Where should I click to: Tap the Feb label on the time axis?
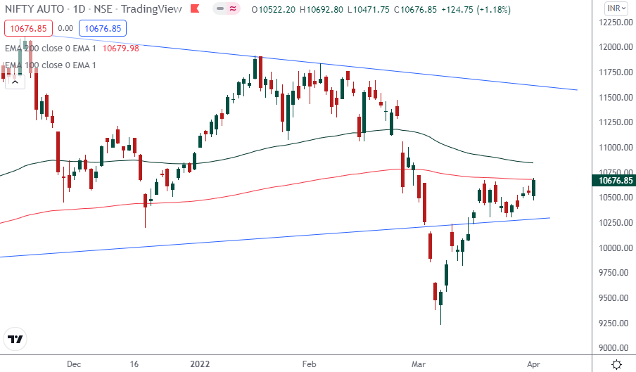pyautogui.click(x=309, y=364)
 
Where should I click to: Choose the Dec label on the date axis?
pyautogui.click(x=75, y=364)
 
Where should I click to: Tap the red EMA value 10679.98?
pyautogui.click(x=121, y=48)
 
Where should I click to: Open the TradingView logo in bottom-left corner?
pyautogui.click(x=15, y=340)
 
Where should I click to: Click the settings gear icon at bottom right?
pyautogui.click(x=616, y=364)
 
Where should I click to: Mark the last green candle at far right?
pyautogui.click(x=533, y=188)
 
